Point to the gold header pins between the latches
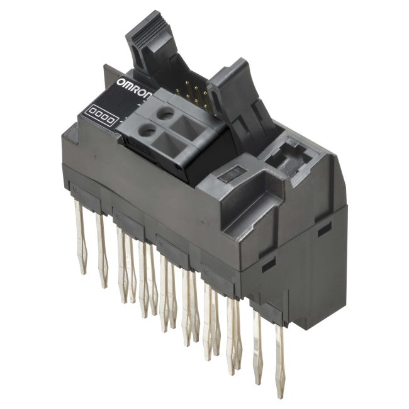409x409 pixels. click(x=193, y=95)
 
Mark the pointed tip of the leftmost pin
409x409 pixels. click(x=83, y=272)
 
